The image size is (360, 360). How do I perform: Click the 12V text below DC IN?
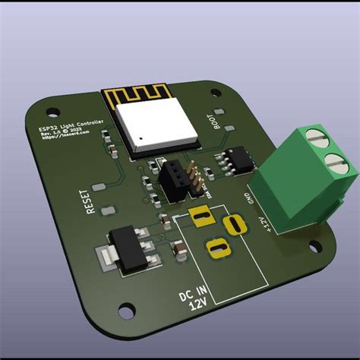[x=199, y=305]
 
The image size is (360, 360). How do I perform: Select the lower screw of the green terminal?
[x=332, y=161]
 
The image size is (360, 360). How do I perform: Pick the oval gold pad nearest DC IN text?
[x=216, y=248]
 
